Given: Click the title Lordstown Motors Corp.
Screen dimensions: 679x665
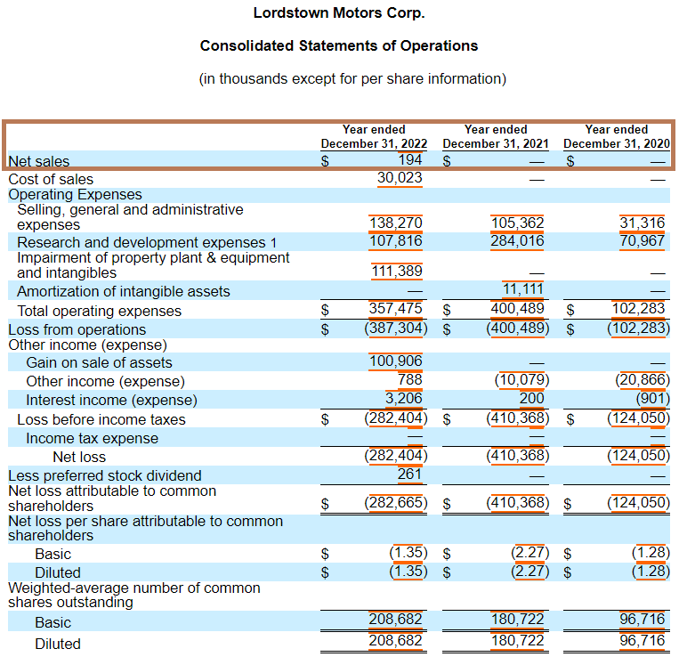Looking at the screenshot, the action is pyautogui.click(x=339, y=13).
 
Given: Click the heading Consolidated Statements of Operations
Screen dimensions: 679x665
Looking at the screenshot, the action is pyautogui.click(x=339, y=45).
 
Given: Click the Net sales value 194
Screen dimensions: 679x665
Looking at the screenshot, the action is pyautogui.click(x=409, y=160).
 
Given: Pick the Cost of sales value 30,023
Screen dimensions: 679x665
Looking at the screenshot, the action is pyautogui.click(x=400, y=178).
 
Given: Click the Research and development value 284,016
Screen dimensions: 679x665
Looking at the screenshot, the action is pyautogui.click(x=517, y=240).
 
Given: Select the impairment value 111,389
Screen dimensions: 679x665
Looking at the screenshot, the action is pyautogui.click(x=397, y=272).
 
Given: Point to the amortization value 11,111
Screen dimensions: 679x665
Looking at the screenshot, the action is pyautogui.click(x=522, y=289).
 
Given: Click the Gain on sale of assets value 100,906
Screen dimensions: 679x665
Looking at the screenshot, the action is pyautogui.click(x=396, y=361).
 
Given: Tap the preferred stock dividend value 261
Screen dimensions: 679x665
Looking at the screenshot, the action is pyautogui.click(x=409, y=474).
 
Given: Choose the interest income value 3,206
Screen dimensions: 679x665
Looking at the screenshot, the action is pyautogui.click(x=404, y=398).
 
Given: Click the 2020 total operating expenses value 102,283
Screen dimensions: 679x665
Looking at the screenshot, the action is pyautogui.click(x=638, y=308).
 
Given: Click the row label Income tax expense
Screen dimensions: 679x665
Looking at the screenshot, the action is pyautogui.click(x=93, y=438).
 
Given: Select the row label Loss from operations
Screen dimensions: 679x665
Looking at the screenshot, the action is pyautogui.click(x=77, y=329).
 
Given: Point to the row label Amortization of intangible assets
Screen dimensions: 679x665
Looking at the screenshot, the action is pyautogui.click(x=124, y=292).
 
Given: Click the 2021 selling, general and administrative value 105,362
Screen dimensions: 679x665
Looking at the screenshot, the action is pyautogui.click(x=517, y=223).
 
